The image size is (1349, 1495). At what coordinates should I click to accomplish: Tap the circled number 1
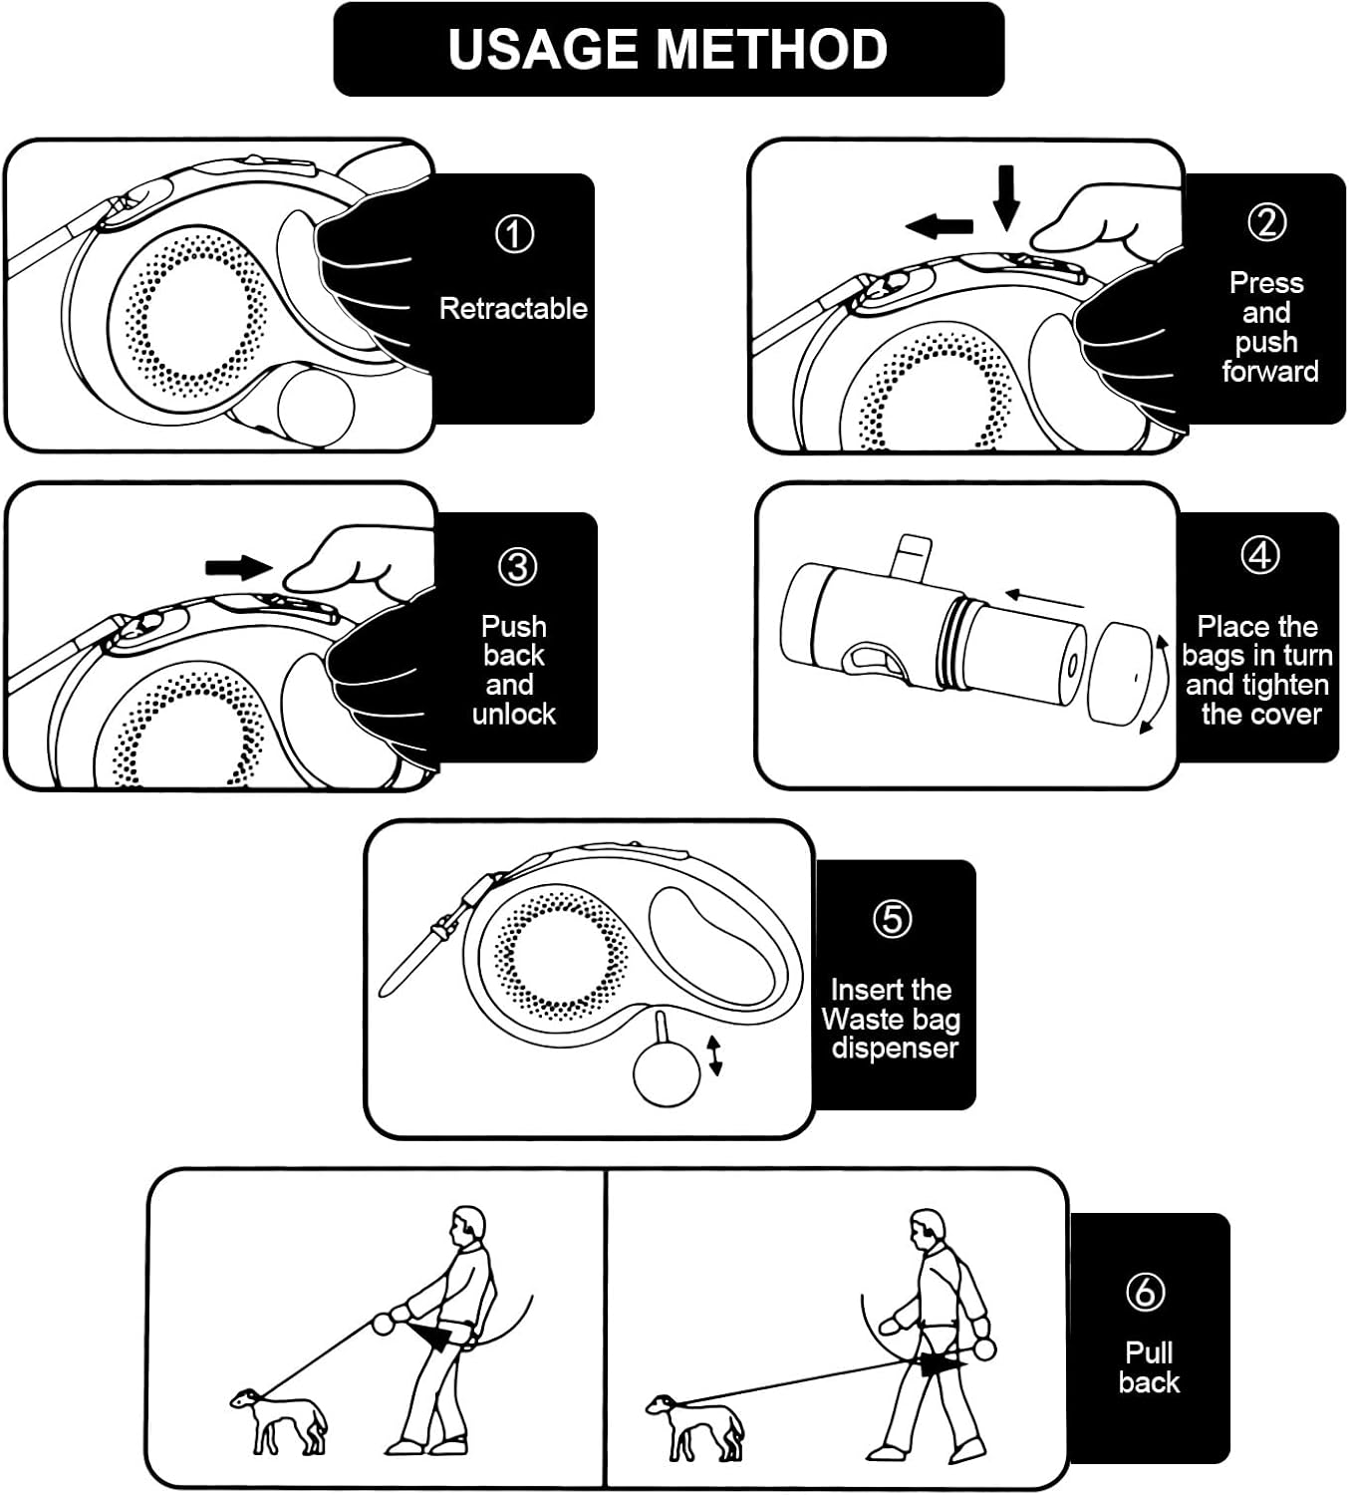pos(514,234)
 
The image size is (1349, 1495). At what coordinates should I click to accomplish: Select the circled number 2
pos(1266,222)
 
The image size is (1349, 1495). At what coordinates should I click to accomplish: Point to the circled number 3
pos(517,566)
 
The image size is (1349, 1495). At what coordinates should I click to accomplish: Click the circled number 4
pos(1260,555)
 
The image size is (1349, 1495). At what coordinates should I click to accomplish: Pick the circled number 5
pos(892,919)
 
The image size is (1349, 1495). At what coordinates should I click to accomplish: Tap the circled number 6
pos(1146,1292)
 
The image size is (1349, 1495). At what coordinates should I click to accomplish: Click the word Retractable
pos(513,309)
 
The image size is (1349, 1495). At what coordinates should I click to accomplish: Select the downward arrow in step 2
pos(1006,197)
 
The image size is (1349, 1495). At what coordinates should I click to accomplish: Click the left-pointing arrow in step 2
pos(940,225)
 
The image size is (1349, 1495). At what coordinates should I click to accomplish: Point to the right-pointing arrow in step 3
pos(238,567)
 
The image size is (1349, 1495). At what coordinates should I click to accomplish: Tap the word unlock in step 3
pos(513,714)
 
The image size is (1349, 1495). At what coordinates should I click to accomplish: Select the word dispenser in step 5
pos(895,1047)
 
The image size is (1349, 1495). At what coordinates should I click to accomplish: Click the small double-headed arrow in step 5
pos(714,1055)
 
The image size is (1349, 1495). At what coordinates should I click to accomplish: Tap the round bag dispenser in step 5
pos(667,1071)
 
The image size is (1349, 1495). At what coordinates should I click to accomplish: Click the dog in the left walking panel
pos(279,1420)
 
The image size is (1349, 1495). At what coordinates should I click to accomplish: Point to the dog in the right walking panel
pos(693,1427)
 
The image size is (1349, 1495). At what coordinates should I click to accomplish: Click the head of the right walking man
pos(928,1229)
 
